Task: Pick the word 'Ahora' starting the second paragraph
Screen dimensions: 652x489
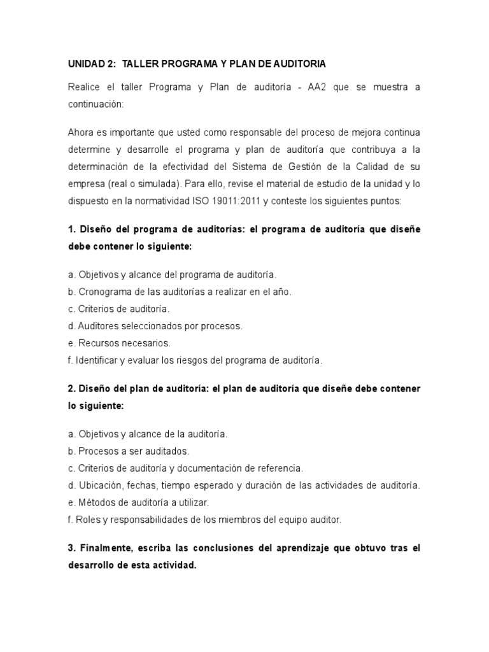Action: [x=80, y=132]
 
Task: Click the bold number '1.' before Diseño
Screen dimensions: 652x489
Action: [x=71, y=229]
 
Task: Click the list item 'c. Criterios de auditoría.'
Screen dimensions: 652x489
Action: [x=118, y=309]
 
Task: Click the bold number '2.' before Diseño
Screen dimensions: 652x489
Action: [x=71, y=388]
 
